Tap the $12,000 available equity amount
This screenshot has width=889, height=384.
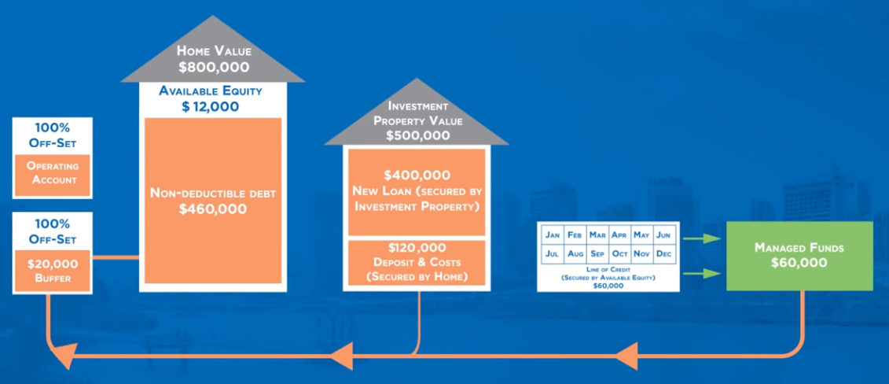click(210, 106)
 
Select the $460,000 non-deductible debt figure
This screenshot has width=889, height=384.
click(212, 209)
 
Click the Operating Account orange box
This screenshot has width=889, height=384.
click(53, 173)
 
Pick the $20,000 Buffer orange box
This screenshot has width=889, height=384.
click(53, 270)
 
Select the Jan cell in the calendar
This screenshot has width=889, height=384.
click(553, 234)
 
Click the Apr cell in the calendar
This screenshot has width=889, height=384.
click(620, 234)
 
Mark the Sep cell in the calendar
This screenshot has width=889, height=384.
click(597, 254)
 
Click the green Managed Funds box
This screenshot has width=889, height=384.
click(798, 256)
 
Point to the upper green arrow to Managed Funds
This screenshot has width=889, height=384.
click(703, 237)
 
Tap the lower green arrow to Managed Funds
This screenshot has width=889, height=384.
click(703, 273)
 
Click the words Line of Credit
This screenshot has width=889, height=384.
click(609, 270)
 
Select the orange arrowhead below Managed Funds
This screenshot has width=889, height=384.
click(624, 359)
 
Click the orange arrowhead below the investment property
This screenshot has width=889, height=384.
click(340, 359)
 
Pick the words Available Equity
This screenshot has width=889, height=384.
click(211, 90)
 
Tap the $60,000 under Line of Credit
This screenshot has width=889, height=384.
click(609, 286)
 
